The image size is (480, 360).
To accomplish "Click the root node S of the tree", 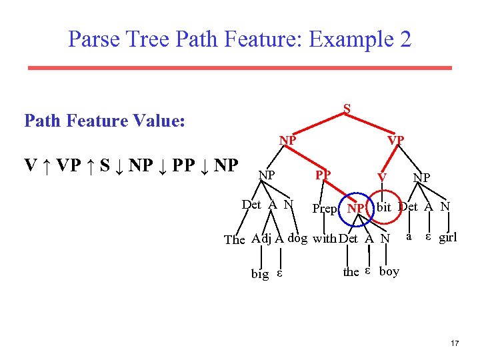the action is tap(347, 108).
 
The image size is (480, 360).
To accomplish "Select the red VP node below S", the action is tap(396, 140).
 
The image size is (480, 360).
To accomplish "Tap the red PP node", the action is tap(323, 175).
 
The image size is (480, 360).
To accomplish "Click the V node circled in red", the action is tap(381, 177).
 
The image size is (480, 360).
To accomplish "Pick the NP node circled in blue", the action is tap(355, 209).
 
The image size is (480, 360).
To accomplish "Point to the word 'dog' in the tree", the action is tap(297, 239).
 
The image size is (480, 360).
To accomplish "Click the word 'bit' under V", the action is tap(383, 207).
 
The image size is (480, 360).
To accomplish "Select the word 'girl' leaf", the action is tap(448, 237).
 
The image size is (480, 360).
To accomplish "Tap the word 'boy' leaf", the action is tap(389, 271).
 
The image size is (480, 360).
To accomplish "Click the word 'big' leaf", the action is tap(260, 273).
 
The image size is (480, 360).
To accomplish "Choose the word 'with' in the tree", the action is tap(325, 239).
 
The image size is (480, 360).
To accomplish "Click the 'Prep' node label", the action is tap(325, 209).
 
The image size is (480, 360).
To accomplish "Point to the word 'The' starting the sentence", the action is tap(235, 239).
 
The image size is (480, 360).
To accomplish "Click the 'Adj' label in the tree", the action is tap(261, 239).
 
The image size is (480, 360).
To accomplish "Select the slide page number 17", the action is tap(455, 343).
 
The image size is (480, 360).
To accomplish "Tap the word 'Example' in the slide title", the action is tap(354, 39).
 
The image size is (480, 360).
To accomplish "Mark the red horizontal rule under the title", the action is tap(239, 68).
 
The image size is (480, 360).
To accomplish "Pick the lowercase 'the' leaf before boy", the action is tap(351, 271).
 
